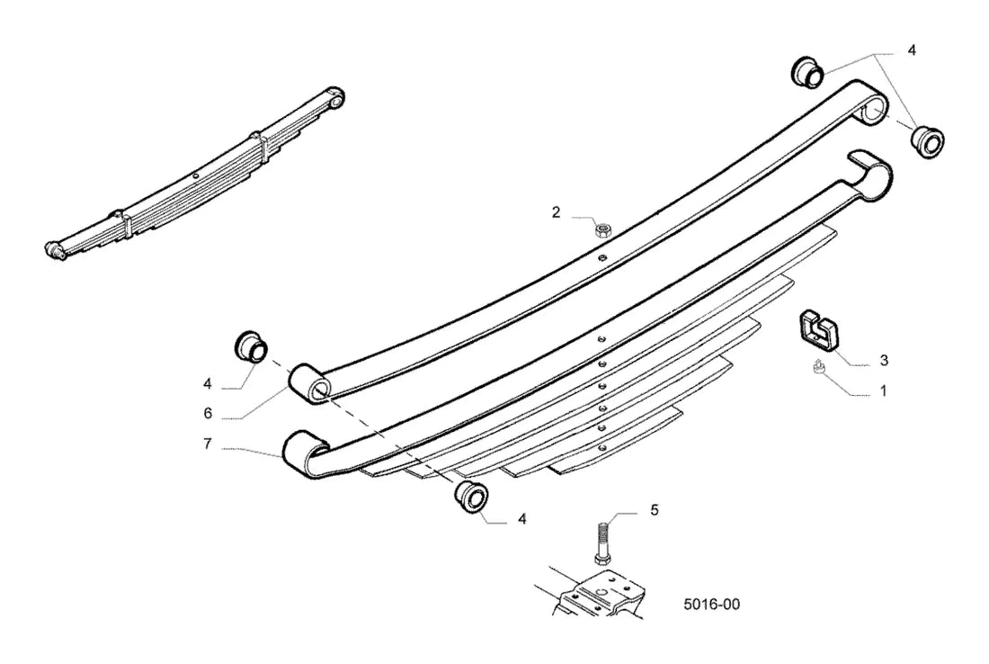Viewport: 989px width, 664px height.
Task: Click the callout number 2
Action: point(556,212)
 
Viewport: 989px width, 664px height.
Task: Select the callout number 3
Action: point(884,361)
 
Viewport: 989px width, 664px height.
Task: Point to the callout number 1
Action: point(884,391)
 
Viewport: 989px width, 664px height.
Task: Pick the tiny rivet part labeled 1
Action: point(817,367)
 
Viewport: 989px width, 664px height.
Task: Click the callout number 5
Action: point(654,509)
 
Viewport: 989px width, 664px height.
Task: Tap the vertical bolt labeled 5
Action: point(600,542)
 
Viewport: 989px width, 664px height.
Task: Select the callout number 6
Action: point(208,413)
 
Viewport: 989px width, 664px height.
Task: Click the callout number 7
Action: point(208,444)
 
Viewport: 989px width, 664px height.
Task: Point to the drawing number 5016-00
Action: point(711,605)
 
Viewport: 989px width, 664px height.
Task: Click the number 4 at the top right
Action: point(912,50)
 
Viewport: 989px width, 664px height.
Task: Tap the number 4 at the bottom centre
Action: point(521,519)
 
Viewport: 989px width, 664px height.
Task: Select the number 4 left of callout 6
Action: point(208,384)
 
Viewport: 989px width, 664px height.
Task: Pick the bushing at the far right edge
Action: point(928,142)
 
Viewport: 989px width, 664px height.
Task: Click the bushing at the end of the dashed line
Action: point(472,497)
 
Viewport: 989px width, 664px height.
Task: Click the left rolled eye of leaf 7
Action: point(306,454)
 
